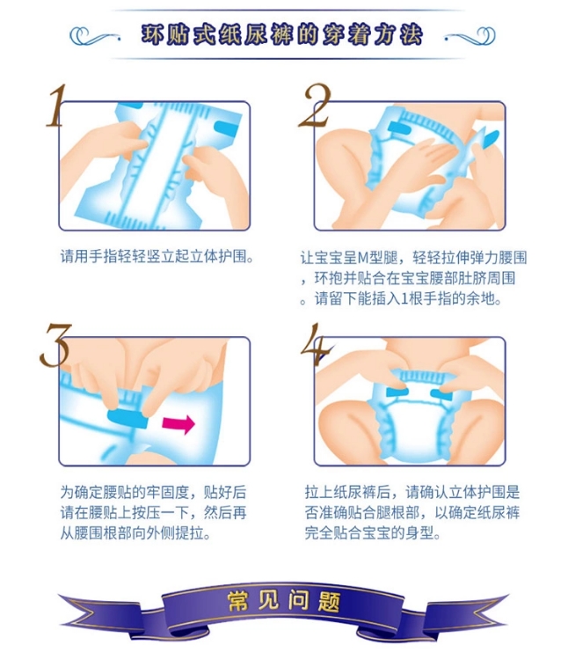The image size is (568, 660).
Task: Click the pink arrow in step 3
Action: tap(178, 424)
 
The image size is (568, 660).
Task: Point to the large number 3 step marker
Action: tap(55, 345)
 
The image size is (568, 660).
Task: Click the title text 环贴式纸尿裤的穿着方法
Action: tap(281, 34)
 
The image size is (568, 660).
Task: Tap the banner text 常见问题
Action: tap(283, 601)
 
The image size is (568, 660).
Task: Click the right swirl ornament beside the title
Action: tap(470, 36)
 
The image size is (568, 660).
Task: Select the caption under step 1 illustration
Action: tap(157, 256)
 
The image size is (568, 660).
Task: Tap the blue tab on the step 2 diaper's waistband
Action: tap(398, 128)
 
